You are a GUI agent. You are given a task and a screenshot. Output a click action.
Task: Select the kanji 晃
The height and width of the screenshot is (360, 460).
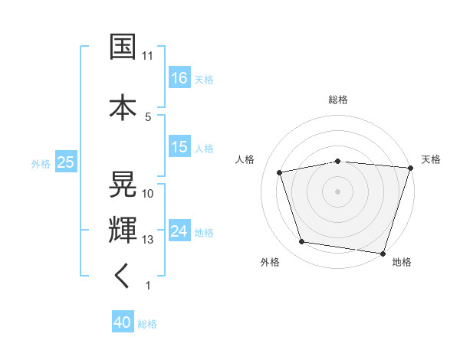click(123, 184)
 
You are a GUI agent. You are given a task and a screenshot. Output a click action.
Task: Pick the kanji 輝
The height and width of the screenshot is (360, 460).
click(123, 229)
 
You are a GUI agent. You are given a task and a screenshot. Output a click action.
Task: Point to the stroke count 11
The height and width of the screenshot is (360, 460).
click(148, 56)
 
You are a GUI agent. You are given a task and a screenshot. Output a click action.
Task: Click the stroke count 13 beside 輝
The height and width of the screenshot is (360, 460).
click(148, 240)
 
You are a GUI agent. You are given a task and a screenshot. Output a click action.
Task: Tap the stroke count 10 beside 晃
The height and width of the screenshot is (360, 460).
click(148, 194)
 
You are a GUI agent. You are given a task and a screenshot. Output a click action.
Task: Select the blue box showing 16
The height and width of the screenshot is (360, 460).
click(179, 77)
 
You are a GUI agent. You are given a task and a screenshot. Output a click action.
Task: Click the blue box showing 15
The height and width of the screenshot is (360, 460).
click(179, 147)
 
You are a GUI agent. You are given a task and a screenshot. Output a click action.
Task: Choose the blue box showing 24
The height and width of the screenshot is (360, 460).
click(179, 231)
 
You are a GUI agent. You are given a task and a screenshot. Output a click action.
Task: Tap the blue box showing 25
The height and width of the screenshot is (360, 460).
click(66, 162)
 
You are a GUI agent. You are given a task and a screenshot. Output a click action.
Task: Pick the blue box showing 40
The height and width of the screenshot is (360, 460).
click(123, 323)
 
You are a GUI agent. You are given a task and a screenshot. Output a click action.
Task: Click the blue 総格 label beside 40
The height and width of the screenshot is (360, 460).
click(147, 324)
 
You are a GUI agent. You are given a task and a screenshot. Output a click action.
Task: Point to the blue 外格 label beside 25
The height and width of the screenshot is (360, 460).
click(41, 162)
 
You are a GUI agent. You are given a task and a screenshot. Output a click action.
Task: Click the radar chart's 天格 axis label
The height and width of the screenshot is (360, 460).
click(431, 159)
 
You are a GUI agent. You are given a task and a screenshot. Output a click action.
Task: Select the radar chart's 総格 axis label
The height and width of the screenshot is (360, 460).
click(338, 100)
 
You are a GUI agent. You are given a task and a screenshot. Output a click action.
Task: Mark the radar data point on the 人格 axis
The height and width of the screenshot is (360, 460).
click(280, 172)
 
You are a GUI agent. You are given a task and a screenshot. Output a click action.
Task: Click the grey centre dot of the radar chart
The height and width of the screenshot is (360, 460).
click(338, 191)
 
